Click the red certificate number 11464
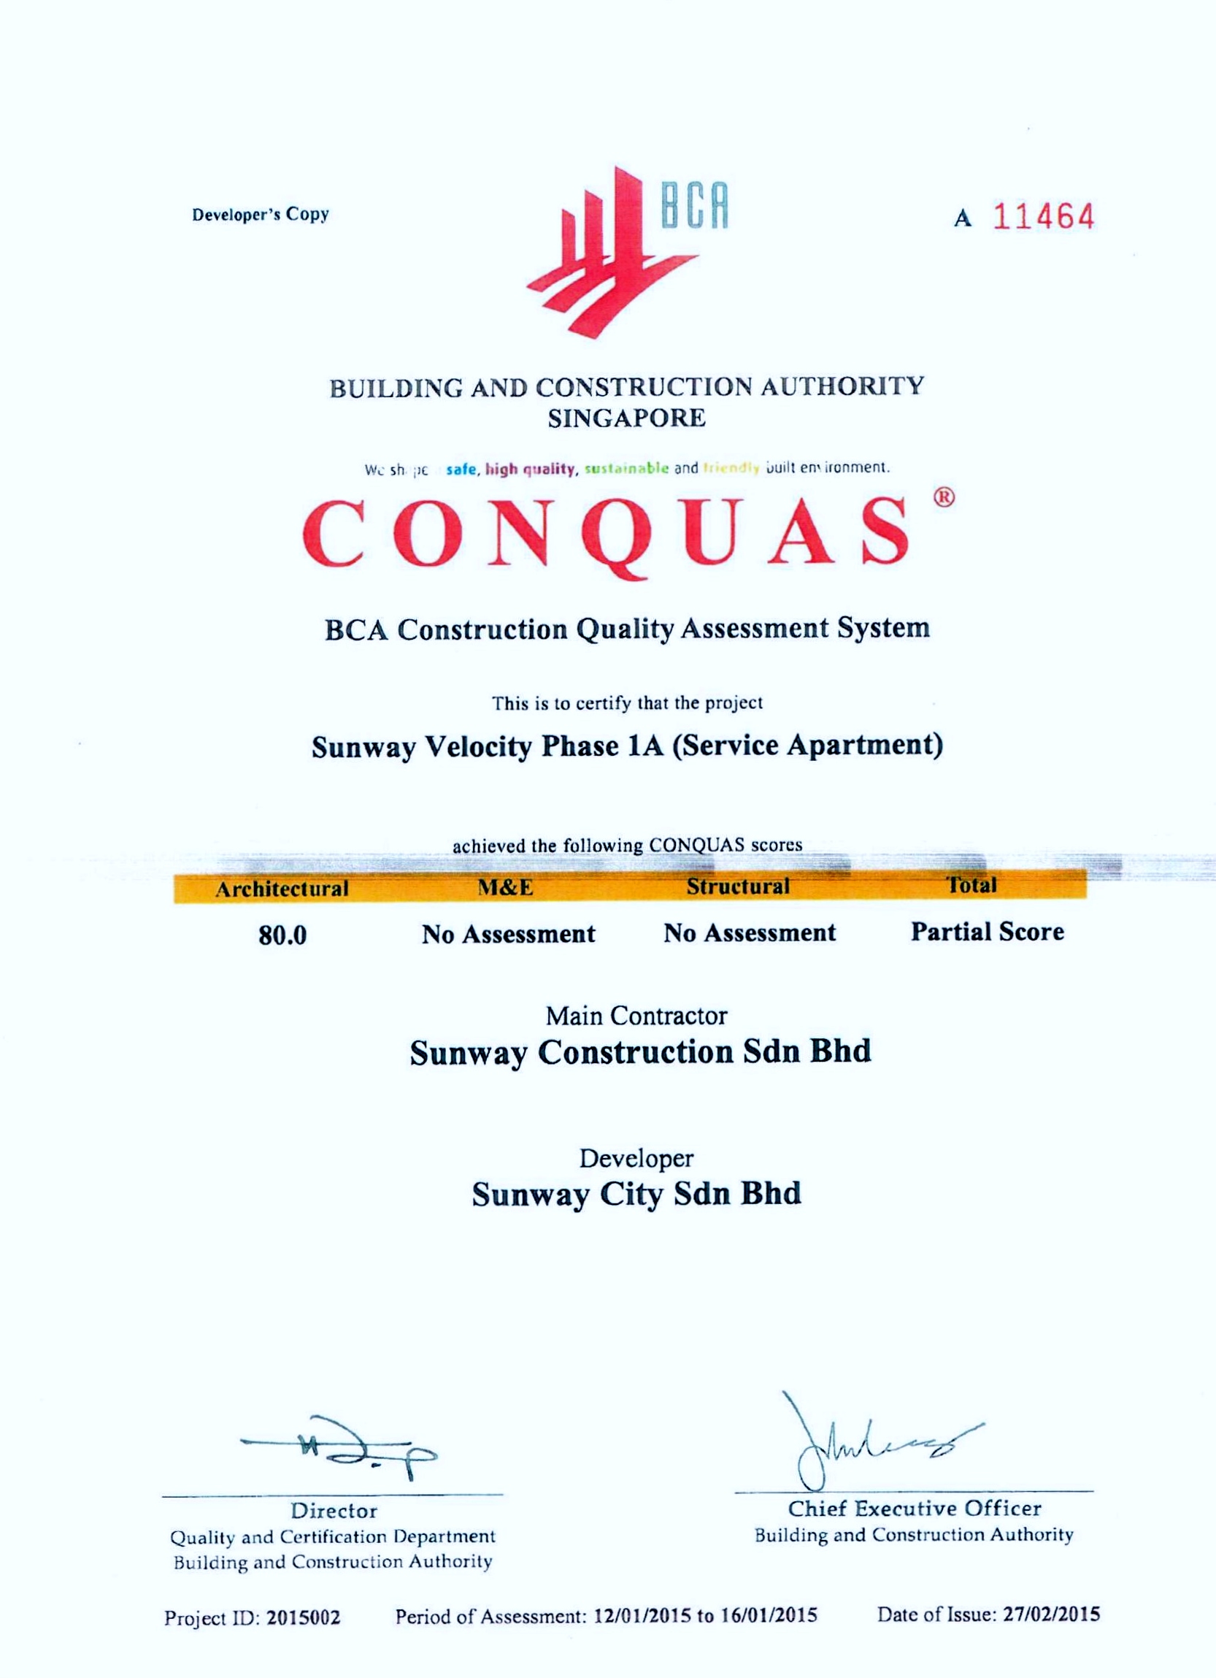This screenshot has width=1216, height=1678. point(1043,217)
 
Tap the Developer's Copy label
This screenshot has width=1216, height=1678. point(261,215)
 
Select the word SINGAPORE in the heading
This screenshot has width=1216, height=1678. point(626,418)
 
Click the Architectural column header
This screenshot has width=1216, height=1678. point(282,888)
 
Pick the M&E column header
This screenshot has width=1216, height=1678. point(506,887)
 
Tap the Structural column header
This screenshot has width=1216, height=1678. point(737,886)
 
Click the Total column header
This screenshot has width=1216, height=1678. point(973,885)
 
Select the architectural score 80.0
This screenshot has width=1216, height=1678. point(282,936)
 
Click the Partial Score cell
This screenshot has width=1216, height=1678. point(987,932)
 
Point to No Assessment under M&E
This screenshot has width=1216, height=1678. point(508,934)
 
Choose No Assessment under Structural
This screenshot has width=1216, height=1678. point(750,932)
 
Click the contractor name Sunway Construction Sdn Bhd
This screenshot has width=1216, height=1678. point(641,1052)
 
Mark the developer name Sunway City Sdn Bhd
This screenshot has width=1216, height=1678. point(636,1194)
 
